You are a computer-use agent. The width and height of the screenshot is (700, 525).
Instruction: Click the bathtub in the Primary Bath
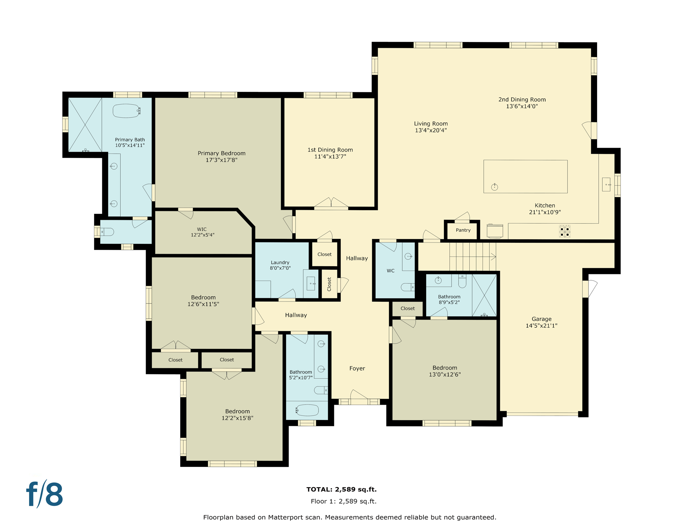126,111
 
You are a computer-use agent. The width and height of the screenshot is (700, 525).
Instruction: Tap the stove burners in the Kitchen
564,231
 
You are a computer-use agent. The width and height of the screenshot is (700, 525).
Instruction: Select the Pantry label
463,230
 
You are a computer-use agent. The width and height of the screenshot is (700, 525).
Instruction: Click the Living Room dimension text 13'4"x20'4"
431,130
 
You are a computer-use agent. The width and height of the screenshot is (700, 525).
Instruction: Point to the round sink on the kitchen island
494,187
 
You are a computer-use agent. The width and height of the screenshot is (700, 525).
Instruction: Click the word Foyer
357,368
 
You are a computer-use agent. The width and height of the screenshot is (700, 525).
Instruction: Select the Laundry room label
280,262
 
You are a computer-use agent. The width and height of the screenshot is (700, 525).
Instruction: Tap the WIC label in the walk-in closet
202,229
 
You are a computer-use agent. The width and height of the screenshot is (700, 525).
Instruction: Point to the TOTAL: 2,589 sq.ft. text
341,489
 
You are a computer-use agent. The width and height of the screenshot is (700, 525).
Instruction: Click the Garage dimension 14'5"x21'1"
541,326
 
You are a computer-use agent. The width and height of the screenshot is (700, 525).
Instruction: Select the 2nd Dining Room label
522,99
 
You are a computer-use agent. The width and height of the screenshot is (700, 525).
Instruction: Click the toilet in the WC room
407,287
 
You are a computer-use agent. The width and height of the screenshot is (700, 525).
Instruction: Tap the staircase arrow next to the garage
493,256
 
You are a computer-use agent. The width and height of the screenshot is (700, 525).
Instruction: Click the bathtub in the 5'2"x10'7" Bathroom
307,410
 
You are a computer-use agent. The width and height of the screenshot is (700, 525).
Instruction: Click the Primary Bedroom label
221,153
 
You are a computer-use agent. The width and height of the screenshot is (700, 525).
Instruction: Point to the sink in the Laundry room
311,283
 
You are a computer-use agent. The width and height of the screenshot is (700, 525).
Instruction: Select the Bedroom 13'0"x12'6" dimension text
444,374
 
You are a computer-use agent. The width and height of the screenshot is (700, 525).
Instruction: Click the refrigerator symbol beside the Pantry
495,231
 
